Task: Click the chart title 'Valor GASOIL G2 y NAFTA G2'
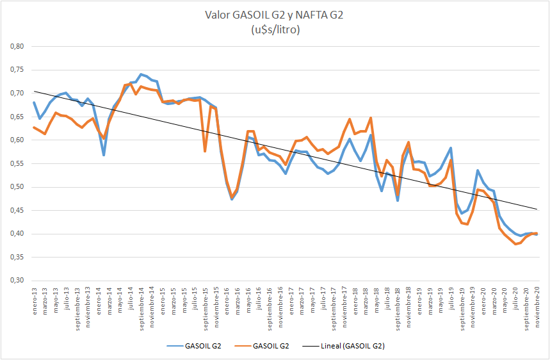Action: point(274,15)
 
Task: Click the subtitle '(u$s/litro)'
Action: point(274,29)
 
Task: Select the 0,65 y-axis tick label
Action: point(15,117)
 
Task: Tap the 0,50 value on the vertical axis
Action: point(15,187)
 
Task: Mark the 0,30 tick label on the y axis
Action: point(15,281)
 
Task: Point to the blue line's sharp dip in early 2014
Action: point(104,155)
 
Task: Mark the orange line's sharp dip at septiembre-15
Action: point(205,151)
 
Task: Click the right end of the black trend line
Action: point(537,209)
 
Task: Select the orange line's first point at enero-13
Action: point(34,127)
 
